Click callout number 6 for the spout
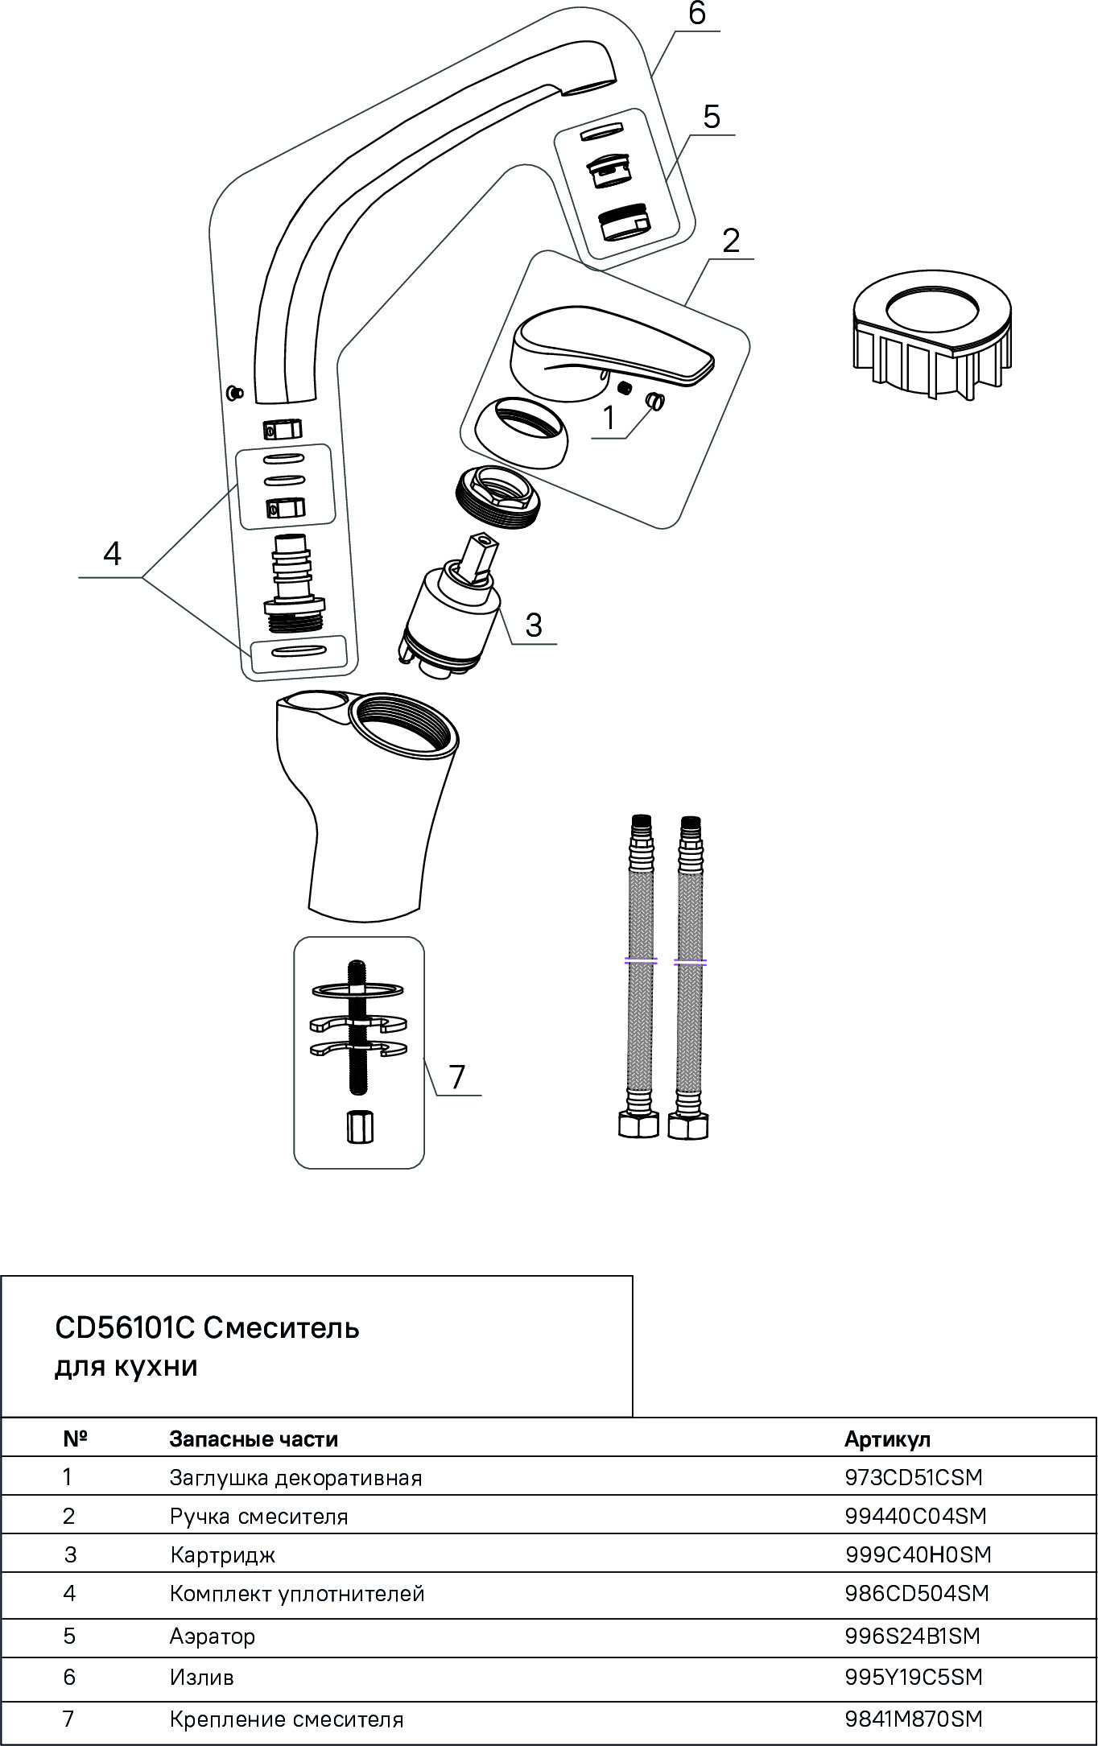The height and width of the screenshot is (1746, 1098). click(697, 14)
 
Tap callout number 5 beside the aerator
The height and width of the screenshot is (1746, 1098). click(712, 117)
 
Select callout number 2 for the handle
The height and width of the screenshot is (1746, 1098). click(731, 241)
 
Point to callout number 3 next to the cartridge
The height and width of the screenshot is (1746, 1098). click(534, 625)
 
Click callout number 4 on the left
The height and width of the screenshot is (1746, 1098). click(112, 554)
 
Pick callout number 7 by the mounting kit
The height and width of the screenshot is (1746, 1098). click(457, 1077)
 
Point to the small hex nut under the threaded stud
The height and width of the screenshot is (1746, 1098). click(359, 1127)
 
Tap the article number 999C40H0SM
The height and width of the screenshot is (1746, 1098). click(918, 1554)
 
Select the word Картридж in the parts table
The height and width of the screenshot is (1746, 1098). click(223, 1555)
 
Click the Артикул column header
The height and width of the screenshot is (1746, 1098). click(887, 1439)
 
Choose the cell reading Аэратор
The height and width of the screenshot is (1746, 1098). click(213, 1637)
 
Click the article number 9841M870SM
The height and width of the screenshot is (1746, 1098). click(914, 1719)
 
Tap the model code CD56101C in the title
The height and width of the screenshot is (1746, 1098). click(125, 1328)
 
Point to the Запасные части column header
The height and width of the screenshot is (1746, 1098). click(254, 1439)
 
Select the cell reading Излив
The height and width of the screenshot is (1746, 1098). click(202, 1678)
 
